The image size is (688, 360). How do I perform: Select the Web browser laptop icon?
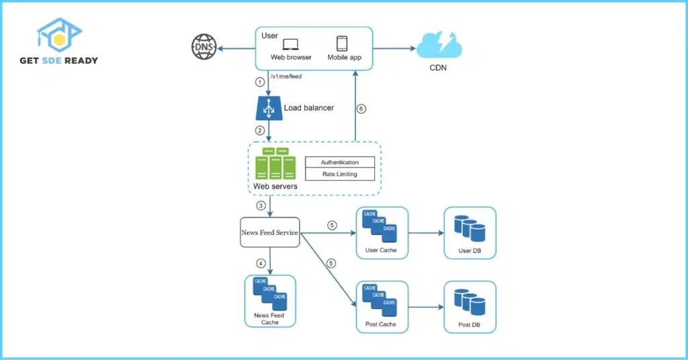[290, 44]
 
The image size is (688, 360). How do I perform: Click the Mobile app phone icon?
[342, 44]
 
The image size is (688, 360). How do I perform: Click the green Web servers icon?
[275, 165]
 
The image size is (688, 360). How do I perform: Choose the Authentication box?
[339, 162]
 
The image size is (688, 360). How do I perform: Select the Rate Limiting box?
[339, 174]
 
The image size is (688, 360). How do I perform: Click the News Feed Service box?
[269, 232]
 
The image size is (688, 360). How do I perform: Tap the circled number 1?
[260, 83]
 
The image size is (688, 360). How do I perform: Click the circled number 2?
[260, 130]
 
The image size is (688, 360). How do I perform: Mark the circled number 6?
[361, 109]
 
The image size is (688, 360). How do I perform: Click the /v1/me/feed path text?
[286, 77]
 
